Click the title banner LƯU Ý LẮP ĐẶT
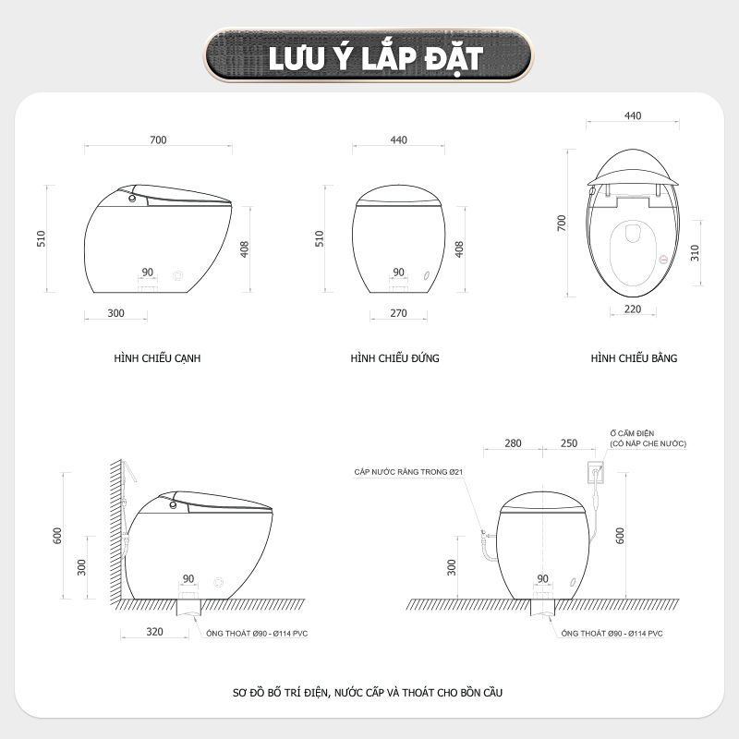369,55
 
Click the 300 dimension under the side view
116,313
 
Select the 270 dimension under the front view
399,313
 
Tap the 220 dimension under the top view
633,309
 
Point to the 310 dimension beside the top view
696,253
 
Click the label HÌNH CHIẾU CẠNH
157,358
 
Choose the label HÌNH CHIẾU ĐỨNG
395,358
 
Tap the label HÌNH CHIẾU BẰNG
634,358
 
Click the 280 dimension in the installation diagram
513,443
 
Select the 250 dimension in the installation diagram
569,443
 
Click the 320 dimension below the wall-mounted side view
154,632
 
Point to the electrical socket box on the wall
596,472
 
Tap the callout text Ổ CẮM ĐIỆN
632,433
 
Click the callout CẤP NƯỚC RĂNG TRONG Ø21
408,472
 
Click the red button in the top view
663,260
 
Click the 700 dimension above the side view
158,140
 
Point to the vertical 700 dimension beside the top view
562,223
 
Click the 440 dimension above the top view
633,116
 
